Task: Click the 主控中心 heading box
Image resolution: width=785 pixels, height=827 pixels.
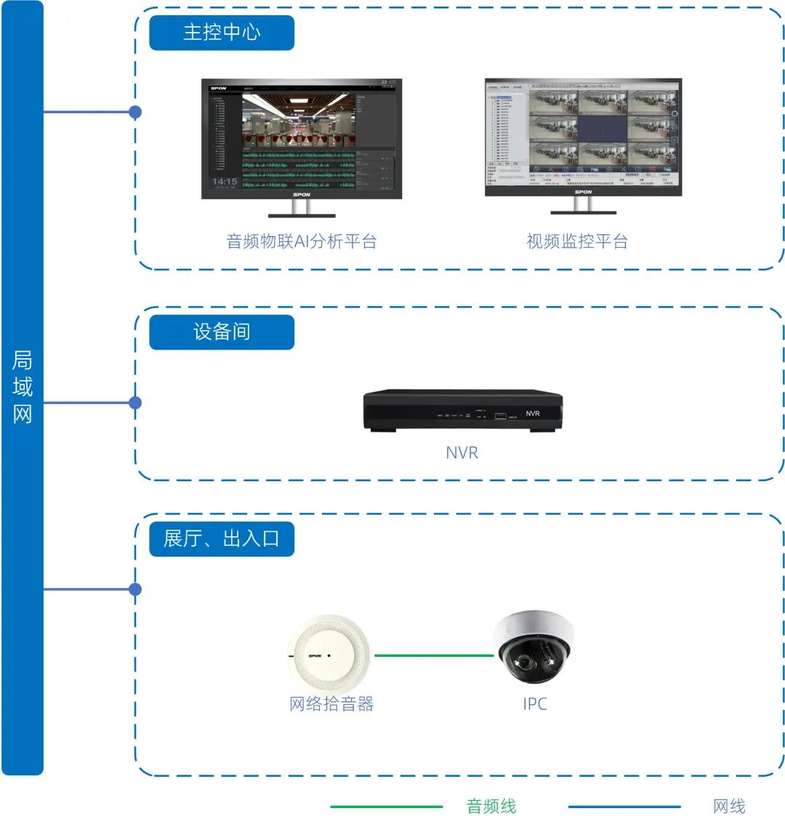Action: coord(222,33)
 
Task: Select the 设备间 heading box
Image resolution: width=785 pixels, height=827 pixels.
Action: coord(222,332)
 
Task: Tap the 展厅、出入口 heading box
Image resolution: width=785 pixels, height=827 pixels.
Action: coord(222,539)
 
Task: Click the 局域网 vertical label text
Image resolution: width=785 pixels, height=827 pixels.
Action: coord(23,387)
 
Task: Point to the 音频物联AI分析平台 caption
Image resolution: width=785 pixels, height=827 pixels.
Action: coord(302,241)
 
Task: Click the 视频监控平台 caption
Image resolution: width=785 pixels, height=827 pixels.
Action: coord(577,241)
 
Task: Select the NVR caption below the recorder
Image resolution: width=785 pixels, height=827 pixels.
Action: coord(462,453)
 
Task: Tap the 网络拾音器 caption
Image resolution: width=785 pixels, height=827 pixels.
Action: coord(331,703)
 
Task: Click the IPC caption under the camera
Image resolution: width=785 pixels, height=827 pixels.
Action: coord(535,703)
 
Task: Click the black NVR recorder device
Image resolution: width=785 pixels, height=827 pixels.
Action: coord(463,411)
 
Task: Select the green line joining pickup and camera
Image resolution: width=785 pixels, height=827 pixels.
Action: coord(434,655)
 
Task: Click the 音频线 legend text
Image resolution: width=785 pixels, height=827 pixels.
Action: coord(491,806)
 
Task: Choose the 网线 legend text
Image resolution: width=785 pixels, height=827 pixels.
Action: coord(729,806)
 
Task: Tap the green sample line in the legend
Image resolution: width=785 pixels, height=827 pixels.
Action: coord(386,807)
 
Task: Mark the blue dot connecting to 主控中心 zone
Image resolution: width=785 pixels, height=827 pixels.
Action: coord(135,113)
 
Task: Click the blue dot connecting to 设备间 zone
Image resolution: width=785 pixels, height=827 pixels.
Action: coord(135,403)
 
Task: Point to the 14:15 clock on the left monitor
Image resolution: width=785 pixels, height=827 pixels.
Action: coord(224,182)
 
